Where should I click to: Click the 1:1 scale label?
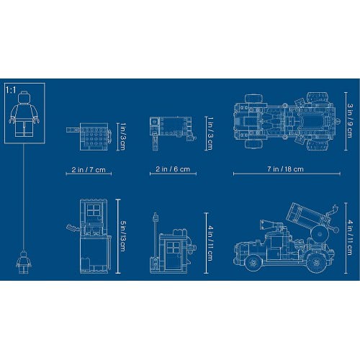[11, 91]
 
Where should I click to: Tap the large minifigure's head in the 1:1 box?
[25, 97]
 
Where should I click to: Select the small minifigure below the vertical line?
[24, 262]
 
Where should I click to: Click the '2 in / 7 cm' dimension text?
[89, 170]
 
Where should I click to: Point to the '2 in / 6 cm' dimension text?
[173, 169]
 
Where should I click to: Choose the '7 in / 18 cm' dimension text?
[285, 169]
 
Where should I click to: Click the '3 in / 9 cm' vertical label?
[349, 121]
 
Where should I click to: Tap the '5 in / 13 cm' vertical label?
[122, 236]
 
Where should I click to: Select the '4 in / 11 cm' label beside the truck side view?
[349, 238]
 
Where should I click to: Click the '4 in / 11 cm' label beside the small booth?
[210, 243]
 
